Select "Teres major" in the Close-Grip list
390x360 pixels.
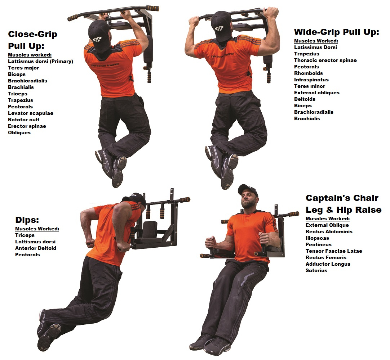(23, 68)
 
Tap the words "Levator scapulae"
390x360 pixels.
(31, 113)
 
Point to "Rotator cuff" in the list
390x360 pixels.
(24, 120)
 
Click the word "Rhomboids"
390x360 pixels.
(309, 73)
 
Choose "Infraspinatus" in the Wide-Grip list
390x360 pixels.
(311, 80)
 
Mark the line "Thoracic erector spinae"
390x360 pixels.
(325, 60)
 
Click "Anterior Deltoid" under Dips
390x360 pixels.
(36, 248)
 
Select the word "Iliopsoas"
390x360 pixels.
(317, 238)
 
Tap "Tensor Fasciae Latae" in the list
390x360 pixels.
(334, 251)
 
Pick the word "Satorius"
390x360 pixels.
(316, 270)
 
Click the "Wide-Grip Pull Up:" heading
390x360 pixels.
(337, 32)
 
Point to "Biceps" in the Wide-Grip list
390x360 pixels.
(303, 105)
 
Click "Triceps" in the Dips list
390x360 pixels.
(25, 235)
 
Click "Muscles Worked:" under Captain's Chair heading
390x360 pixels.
(328, 219)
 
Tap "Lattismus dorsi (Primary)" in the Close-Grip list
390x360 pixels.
(40, 61)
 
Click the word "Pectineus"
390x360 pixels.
(319, 244)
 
